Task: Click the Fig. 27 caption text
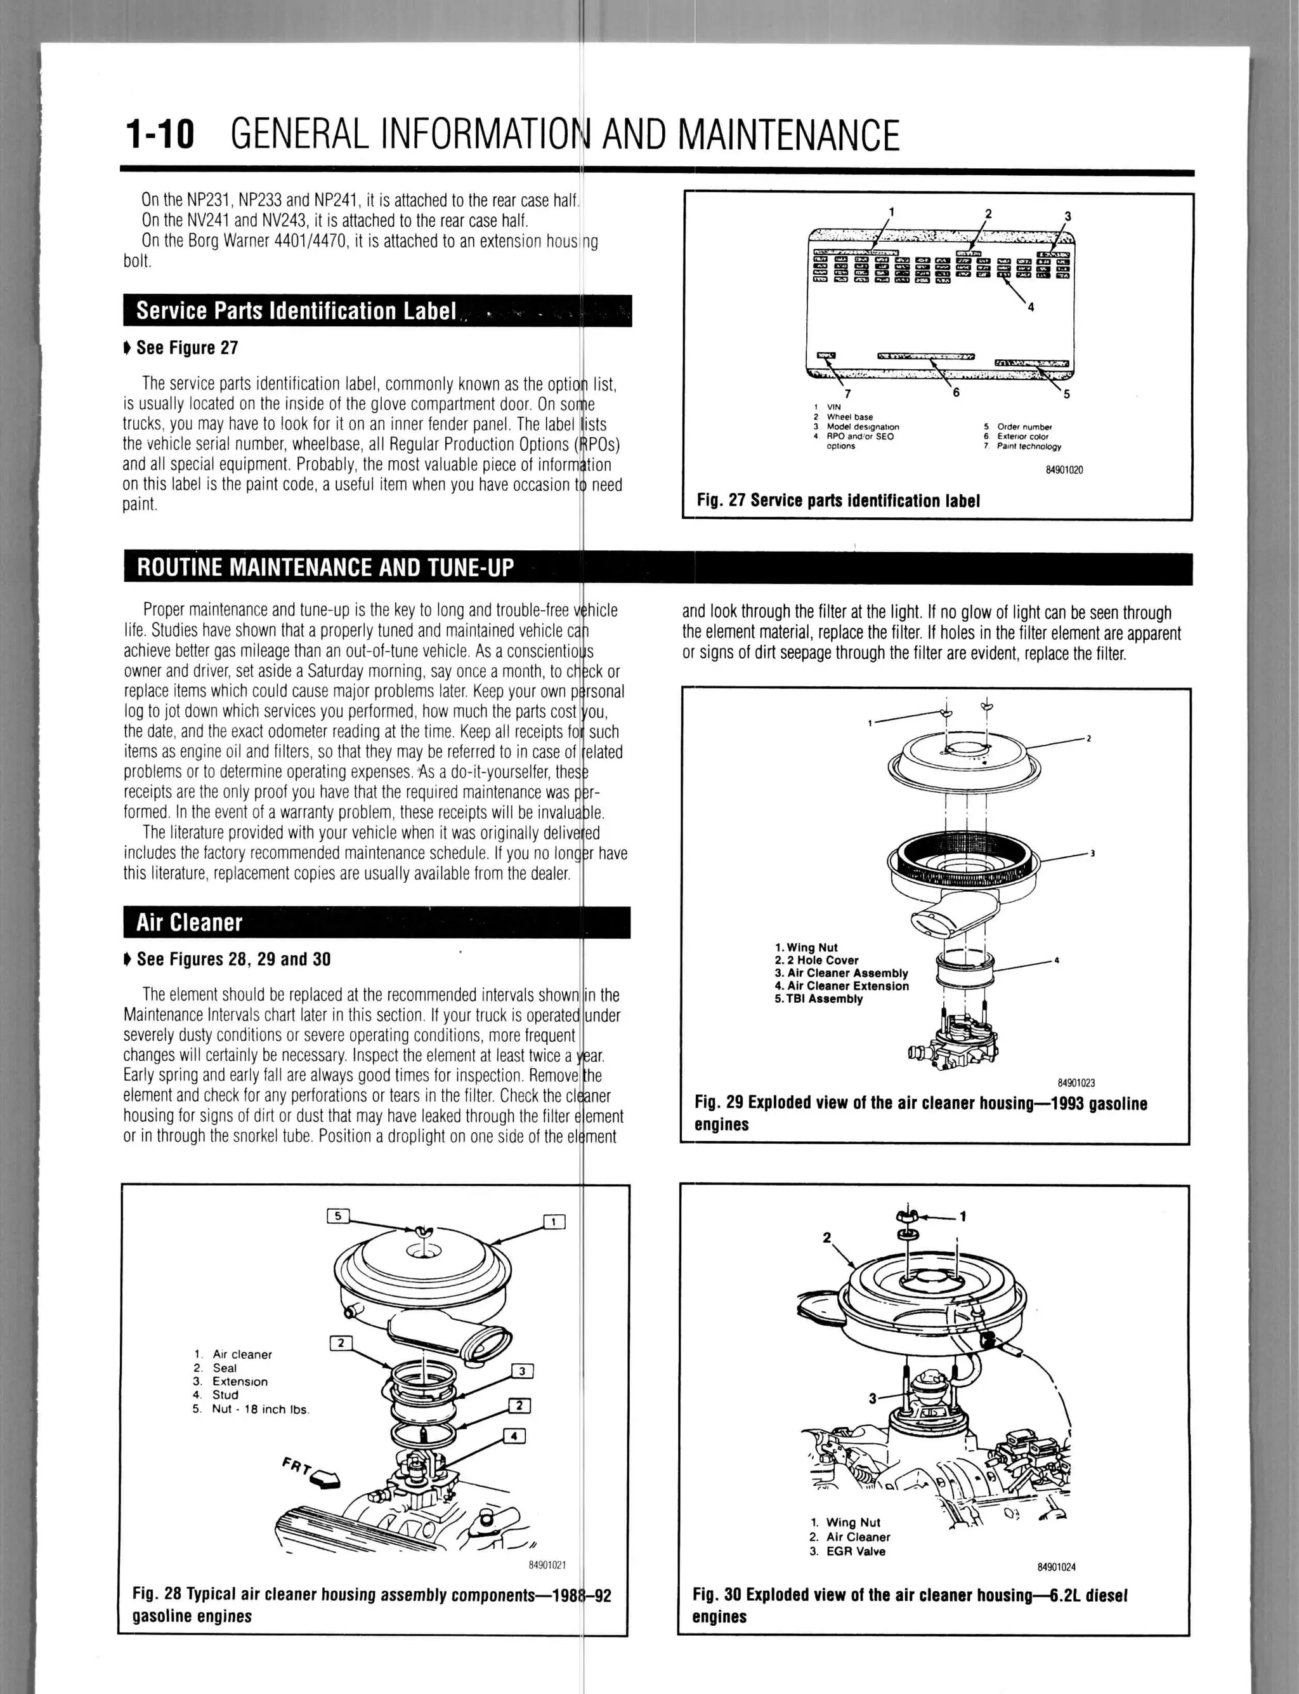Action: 838,501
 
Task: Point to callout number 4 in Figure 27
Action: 1031,307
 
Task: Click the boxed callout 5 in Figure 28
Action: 338,1215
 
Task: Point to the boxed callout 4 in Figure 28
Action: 515,1436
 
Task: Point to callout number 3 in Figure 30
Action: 873,1398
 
